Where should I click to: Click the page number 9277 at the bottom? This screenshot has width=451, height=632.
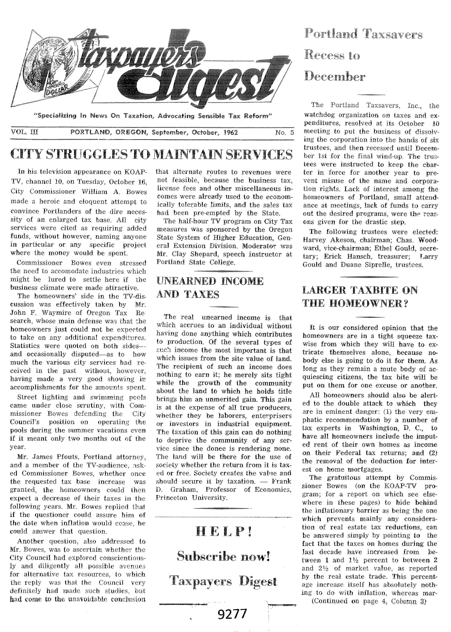[x=232, y=614]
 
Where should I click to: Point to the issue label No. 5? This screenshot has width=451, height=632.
[x=284, y=132]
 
